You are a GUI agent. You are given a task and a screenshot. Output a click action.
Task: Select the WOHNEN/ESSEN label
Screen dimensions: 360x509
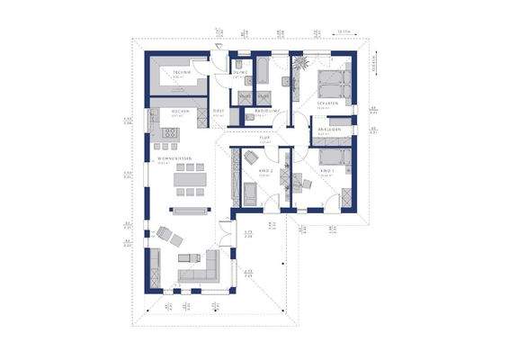[x=175, y=158]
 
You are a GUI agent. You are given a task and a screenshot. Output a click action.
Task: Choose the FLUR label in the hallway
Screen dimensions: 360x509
[x=265, y=138]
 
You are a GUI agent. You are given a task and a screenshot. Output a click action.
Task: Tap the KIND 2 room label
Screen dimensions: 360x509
[x=266, y=169]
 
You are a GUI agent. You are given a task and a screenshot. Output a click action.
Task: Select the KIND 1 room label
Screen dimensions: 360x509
[x=328, y=169]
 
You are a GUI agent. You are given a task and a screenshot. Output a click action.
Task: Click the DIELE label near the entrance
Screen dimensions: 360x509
[x=217, y=112]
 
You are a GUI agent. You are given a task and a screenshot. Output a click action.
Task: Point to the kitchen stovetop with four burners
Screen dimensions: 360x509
[x=170, y=132]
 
